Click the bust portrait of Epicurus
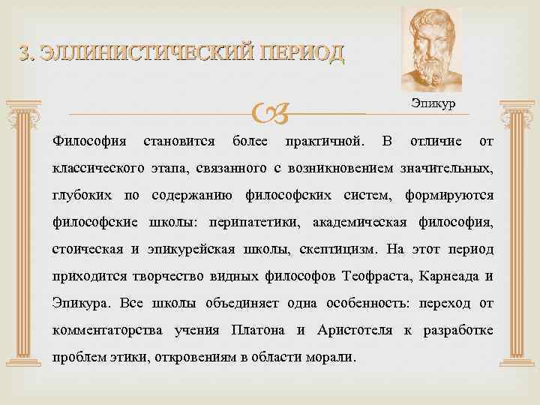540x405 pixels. (431, 50)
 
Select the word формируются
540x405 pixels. (448, 196)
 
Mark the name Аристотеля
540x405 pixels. (351, 330)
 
